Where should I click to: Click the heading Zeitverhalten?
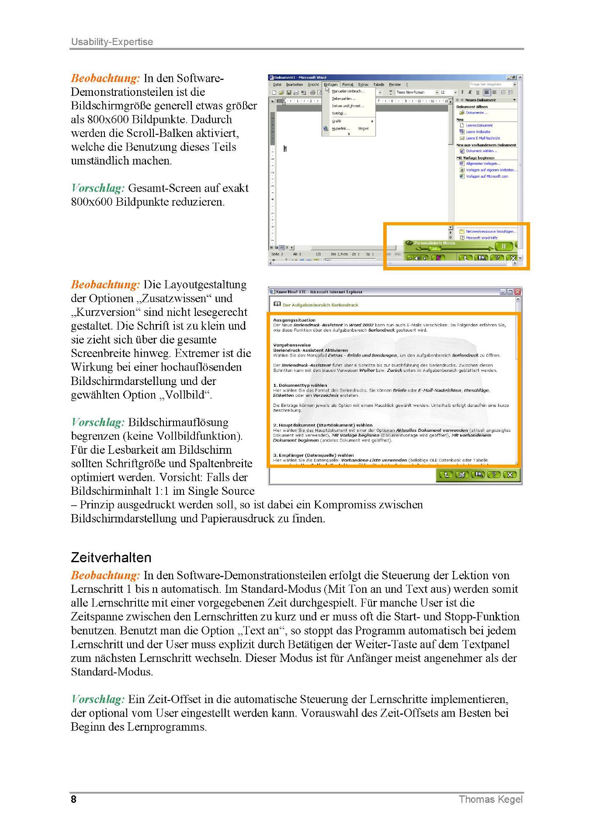(111, 557)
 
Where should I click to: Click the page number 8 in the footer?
(73, 799)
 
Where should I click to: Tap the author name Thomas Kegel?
(490, 799)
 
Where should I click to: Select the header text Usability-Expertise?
(112, 42)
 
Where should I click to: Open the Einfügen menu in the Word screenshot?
(330, 84)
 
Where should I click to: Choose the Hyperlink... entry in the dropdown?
(341, 129)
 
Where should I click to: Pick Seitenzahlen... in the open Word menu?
(343, 98)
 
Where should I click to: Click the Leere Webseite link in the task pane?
(478, 132)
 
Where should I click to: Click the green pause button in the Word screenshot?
(503, 246)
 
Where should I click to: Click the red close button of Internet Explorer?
(517, 292)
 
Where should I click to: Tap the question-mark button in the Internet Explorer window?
(493, 475)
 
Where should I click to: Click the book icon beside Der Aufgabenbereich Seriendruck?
(277, 304)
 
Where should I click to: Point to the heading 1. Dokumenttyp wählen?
(300, 385)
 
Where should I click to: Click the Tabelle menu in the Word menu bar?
(378, 84)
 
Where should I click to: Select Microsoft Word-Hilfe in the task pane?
(481, 238)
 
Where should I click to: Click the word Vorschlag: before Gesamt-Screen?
(98, 189)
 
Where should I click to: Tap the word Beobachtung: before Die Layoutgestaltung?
(105, 285)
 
